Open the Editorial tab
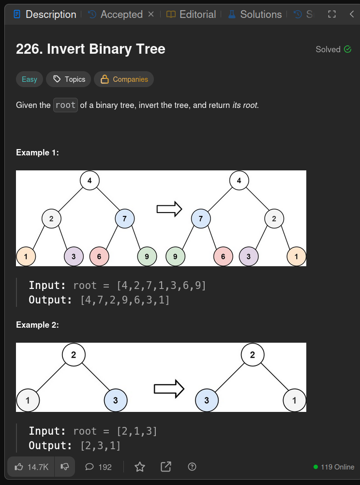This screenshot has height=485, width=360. click(x=191, y=14)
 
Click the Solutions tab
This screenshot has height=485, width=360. click(x=255, y=14)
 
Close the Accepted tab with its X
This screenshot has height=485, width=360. click(x=151, y=14)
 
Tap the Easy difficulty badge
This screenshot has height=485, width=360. click(x=30, y=79)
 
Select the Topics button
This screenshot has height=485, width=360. click(x=69, y=79)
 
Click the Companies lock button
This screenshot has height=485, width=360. click(x=124, y=79)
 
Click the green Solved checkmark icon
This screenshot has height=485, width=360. click(x=347, y=49)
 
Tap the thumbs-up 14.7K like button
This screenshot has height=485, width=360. click(x=31, y=467)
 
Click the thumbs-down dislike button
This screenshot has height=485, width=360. click(x=65, y=467)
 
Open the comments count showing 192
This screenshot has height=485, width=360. click(x=98, y=467)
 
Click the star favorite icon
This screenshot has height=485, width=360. click(x=140, y=467)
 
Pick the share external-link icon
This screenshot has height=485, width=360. click(x=166, y=467)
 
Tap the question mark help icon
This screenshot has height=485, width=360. click(x=192, y=467)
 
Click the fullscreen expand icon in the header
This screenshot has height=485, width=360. click(x=332, y=14)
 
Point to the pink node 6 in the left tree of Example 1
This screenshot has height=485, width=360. click(x=99, y=257)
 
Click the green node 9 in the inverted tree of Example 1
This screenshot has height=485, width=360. click(x=175, y=257)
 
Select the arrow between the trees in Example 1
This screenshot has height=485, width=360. click(x=169, y=209)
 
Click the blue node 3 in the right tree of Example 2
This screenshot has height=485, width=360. click(x=207, y=400)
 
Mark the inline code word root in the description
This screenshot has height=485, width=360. click(x=65, y=105)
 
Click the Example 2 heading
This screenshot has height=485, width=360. click(x=37, y=325)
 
